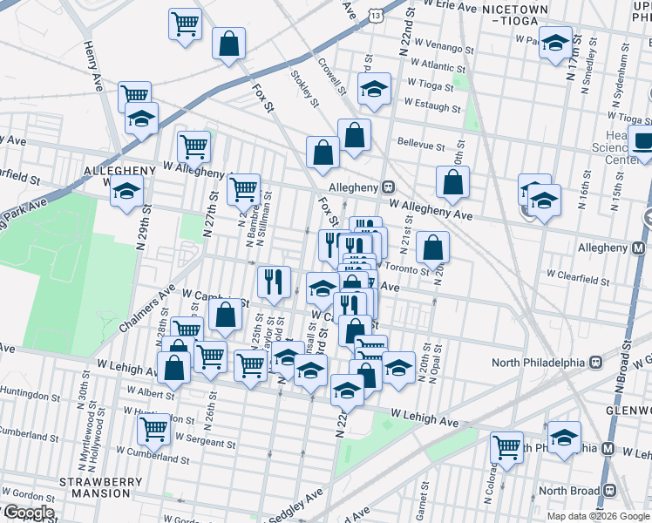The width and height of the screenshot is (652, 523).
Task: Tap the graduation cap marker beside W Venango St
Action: [554, 42]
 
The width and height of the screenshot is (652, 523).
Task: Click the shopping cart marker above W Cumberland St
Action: [154, 427]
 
